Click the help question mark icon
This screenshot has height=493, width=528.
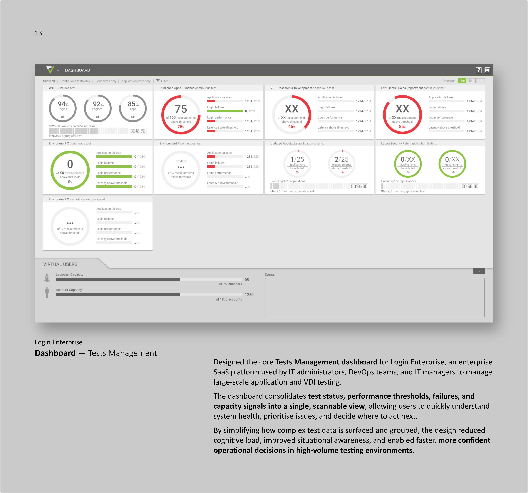click(x=479, y=70)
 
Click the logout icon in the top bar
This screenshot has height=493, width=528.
click(x=487, y=70)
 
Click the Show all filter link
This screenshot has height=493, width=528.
click(x=49, y=81)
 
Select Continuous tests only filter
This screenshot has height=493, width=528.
click(x=75, y=81)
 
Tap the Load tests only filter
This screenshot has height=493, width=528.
click(x=106, y=81)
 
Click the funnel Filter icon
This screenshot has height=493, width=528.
click(x=158, y=81)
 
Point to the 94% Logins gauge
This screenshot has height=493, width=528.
click(x=63, y=108)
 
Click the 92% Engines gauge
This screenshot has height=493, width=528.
click(x=98, y=108)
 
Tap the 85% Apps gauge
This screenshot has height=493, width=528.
click(x=133, y=108)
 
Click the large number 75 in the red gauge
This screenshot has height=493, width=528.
click(x=181, y=109)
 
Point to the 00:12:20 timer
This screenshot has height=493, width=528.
click(x=138, y=131)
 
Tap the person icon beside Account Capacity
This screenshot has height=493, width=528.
click(x=47, y=293)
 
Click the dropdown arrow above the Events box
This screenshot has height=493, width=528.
click(x=479, y=271)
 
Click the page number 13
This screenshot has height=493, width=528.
click(x=39, y=33)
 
